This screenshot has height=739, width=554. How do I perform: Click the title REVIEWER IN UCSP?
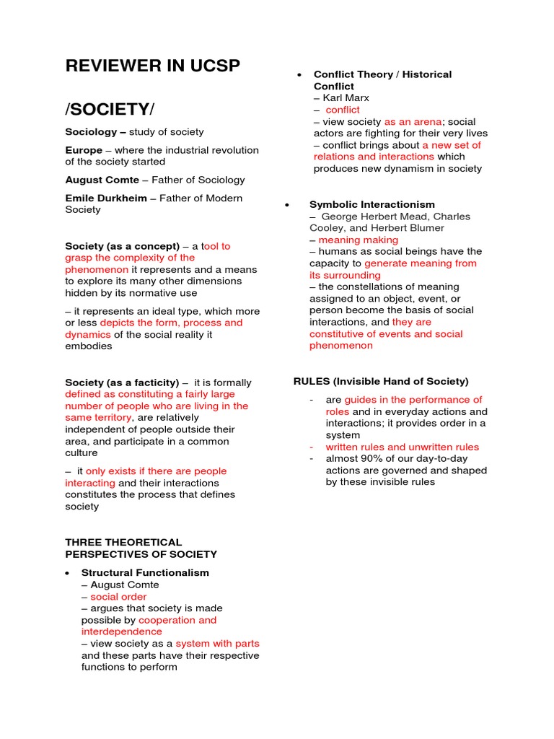point(153,66)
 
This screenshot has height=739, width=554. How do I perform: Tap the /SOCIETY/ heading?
point(110,109)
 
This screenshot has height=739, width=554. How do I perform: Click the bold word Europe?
point(84,150)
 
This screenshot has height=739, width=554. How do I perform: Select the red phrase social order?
point(118,597)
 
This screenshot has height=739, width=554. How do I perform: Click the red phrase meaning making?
point(358,240)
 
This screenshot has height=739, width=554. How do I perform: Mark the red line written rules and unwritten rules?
point(402,447)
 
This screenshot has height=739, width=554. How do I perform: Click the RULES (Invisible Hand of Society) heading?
point(380,381)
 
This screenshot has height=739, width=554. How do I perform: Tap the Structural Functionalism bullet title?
point(145,573)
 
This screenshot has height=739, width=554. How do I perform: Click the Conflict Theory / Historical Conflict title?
point(382,80)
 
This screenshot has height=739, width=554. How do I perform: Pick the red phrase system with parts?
point(217,644)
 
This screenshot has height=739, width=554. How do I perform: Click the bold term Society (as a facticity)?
point(122,382)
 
